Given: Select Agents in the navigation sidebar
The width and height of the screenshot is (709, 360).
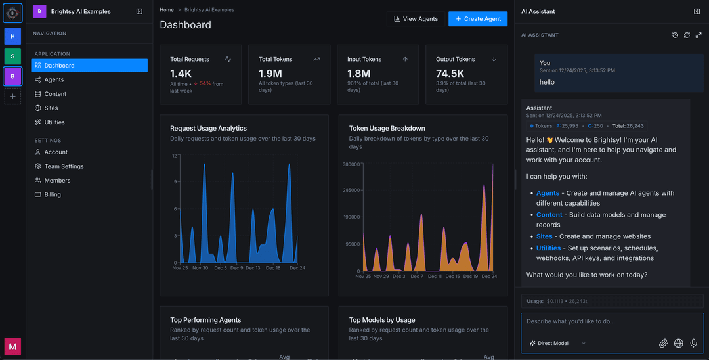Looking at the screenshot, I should (54, 79).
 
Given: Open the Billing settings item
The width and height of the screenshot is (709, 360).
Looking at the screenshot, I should (53, 194).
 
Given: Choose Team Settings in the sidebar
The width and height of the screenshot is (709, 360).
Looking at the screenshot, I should (64, 166).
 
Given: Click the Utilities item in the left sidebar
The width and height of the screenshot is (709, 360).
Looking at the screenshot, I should (54, 122).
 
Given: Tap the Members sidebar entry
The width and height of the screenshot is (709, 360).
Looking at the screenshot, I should (57, 181).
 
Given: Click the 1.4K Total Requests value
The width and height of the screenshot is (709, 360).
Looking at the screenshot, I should (181, 74).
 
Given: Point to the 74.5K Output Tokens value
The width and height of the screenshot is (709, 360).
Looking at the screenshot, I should (450, 74).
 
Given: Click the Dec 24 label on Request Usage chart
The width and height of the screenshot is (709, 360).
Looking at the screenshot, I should (297, 268).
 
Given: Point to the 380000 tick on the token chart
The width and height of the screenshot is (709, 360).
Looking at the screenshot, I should (351, 164).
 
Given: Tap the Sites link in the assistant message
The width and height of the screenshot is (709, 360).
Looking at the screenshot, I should (544, 236).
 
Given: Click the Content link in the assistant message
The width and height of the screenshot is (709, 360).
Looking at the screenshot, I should (549, 215).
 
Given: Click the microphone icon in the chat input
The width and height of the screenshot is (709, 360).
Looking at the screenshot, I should (693, 343).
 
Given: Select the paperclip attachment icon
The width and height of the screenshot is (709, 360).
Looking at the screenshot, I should (663, 343).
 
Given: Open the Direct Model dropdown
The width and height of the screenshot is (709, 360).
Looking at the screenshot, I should (557, 343).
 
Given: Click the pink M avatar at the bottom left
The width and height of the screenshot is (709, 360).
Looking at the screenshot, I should (12, 346).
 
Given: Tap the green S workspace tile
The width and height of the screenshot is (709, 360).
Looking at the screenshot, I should (12, 56).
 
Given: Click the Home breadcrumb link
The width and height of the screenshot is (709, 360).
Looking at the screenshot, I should (167, 10).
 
